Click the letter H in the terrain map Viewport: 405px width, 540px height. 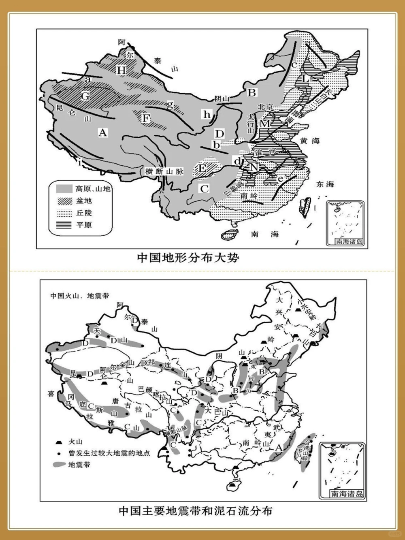point(122,70)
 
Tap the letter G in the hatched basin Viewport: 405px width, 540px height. point(85,96)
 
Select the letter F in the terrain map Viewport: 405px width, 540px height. point(146,118)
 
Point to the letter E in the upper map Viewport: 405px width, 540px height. point(203,167)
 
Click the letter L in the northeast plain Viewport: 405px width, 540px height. point(305,79)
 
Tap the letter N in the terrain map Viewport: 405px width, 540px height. point(254,167)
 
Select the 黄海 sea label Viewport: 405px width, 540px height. point(310,141)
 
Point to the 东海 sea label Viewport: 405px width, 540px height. point(325,184)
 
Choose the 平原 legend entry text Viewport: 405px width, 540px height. point(84,225)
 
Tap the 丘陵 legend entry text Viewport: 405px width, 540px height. point(84,213)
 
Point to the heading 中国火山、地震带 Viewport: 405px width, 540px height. point(79,296)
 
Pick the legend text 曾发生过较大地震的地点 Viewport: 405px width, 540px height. point(109,453)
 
